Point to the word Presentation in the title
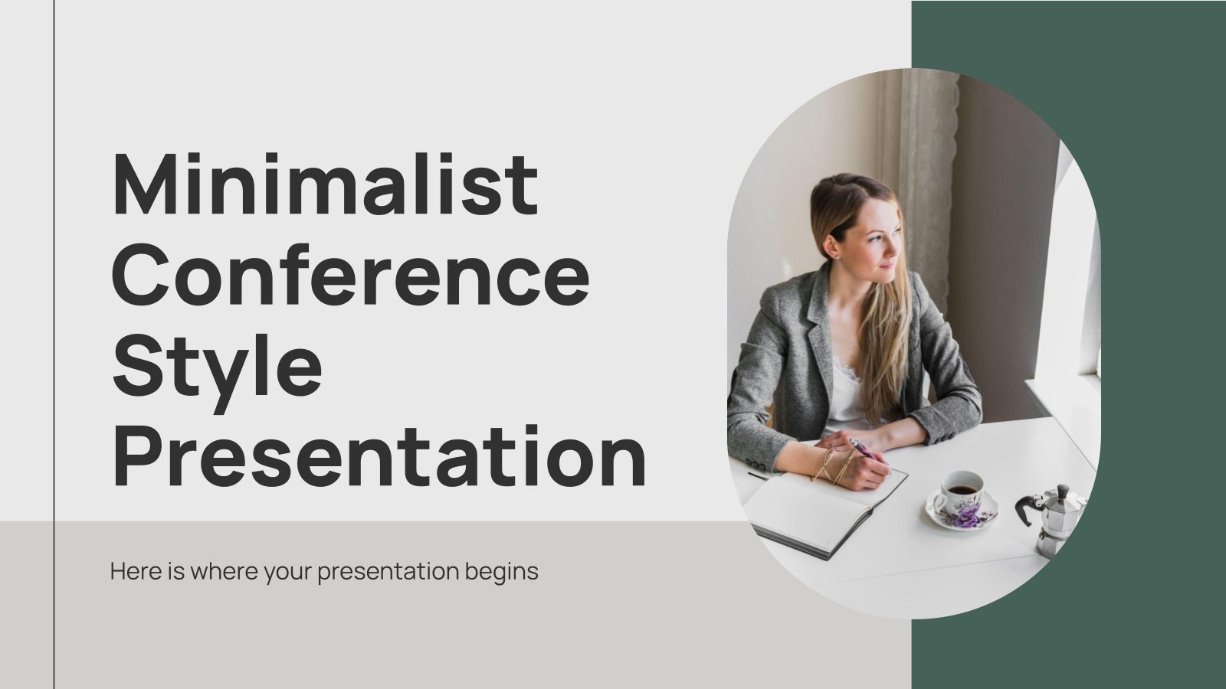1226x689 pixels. click(x=379, y=458)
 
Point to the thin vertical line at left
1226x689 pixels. click(x=54, y=344)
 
